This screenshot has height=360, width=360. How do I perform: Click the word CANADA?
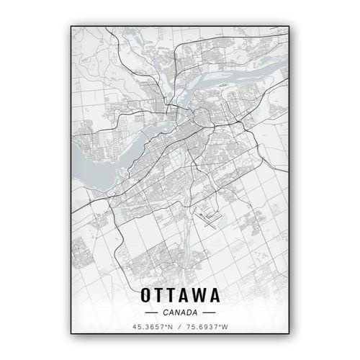tap(180, 312)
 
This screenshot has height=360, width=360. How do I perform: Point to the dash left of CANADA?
tap(151, 312)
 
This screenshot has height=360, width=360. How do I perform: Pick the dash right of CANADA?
tap(209, 312)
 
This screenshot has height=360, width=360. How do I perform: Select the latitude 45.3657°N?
tap(152, 328)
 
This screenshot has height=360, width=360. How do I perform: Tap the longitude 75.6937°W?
tap(208, 328)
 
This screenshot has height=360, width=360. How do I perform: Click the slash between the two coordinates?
tap(180, 328)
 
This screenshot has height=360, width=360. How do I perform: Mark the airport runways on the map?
tap(210, 217)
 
